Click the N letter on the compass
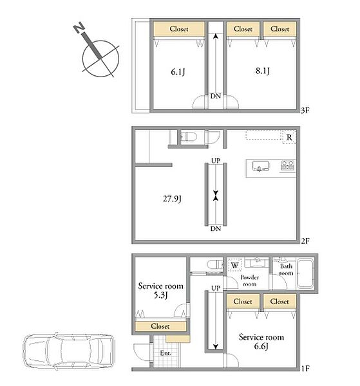pyautogui.click(x=79, y=27)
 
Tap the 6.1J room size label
pyautogui.click(x=178, y=72)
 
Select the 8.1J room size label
pyautogui.click(x=262, y=71)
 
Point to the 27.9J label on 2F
pyautogui.click(x=172, y=199)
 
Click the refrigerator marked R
pyautogui.click(x=289, y=138)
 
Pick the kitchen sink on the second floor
pyautogui.click(x=260, y=166)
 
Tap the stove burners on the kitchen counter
pyautogui.click(x=288, y=165)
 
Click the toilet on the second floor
pyautogui.click(x=189, y=136)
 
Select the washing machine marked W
pyautogui.click(x=234, y=265)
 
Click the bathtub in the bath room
pyautogui.click(x=305, y=273)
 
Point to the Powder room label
pyautogui.click(x=249, y=280)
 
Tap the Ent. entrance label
pyautogui.click(x=166, y=353)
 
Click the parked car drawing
pyautogui.click(x=68, y=351)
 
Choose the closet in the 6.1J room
pyautogui.click(x=179, y=29)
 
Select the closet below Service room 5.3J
pyautogui.click(x=160, y=326)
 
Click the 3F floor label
pyautogui.click(x=305, y=110)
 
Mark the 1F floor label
pyautogui.click(x=305, y=369)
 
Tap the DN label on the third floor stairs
pyautogui.click(x=216, y=96)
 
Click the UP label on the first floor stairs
pyautogui.click(x=216, y=288)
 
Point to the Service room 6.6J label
pyautogui.click(x=261, y=342)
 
